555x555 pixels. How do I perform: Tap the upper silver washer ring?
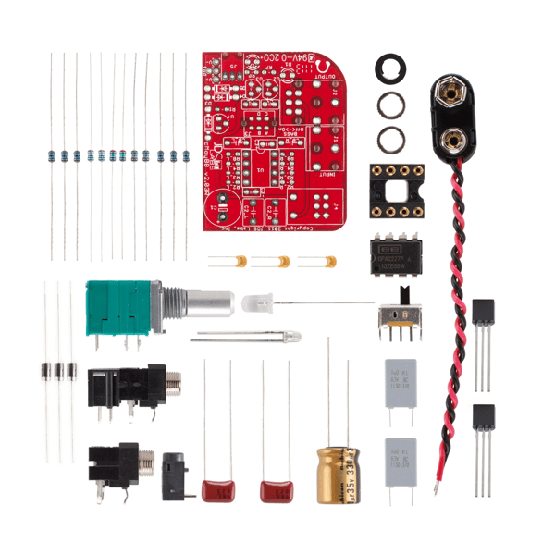coord(391,104)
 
